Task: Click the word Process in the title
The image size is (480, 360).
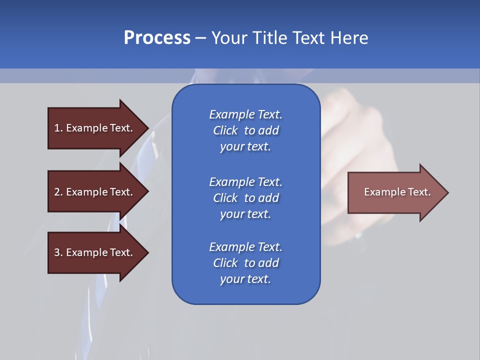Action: point(157,38)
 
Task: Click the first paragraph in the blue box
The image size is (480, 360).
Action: point(245,130)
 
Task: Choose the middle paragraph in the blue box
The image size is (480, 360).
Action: point(245,198)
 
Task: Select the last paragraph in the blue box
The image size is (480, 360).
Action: point(245,263)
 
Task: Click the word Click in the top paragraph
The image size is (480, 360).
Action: point(225,131)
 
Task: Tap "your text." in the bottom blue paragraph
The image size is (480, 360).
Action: point(245,279)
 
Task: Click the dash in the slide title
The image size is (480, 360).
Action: point(201,38)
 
